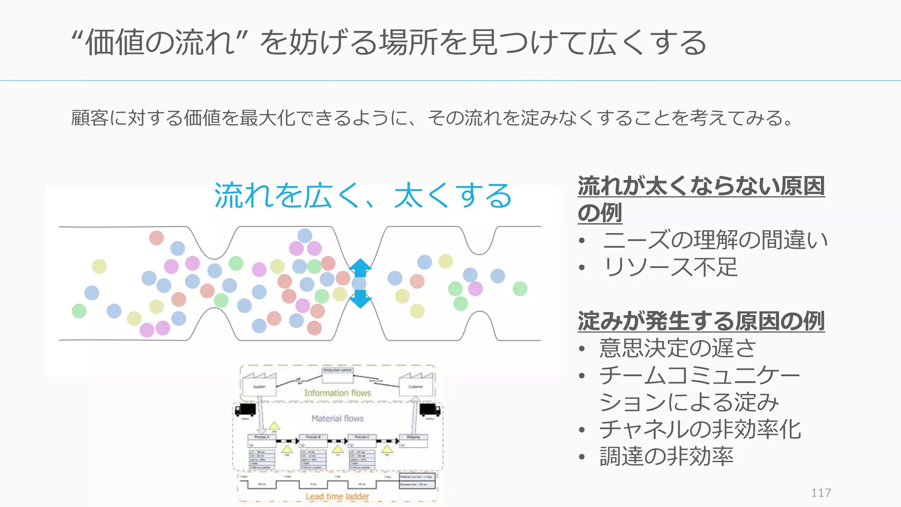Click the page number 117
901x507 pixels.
click(821, 492)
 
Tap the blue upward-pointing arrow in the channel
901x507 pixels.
click(360, 267)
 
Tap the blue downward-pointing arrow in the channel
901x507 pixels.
click(360, 299)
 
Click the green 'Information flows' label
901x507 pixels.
click(337, 393)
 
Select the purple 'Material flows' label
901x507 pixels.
click(337, 419)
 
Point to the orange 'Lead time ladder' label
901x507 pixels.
click(337, 496)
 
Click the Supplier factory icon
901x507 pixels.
click(259, 384)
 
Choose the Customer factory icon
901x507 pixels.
click(416, 384)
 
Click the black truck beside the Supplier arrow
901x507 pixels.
click(245, 410)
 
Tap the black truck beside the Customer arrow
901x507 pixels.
click(430, 410)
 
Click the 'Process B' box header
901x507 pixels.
click(313, 437)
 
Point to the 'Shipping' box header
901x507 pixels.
click(413, 437)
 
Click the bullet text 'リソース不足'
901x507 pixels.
click(670, 267)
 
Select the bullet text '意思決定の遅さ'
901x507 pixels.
click(678, 348)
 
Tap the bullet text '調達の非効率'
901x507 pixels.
click(666, 456)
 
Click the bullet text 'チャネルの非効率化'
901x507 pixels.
click(700, 429)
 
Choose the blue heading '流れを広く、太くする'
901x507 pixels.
click(363, 195)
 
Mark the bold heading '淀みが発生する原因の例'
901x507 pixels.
click(701, 321)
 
